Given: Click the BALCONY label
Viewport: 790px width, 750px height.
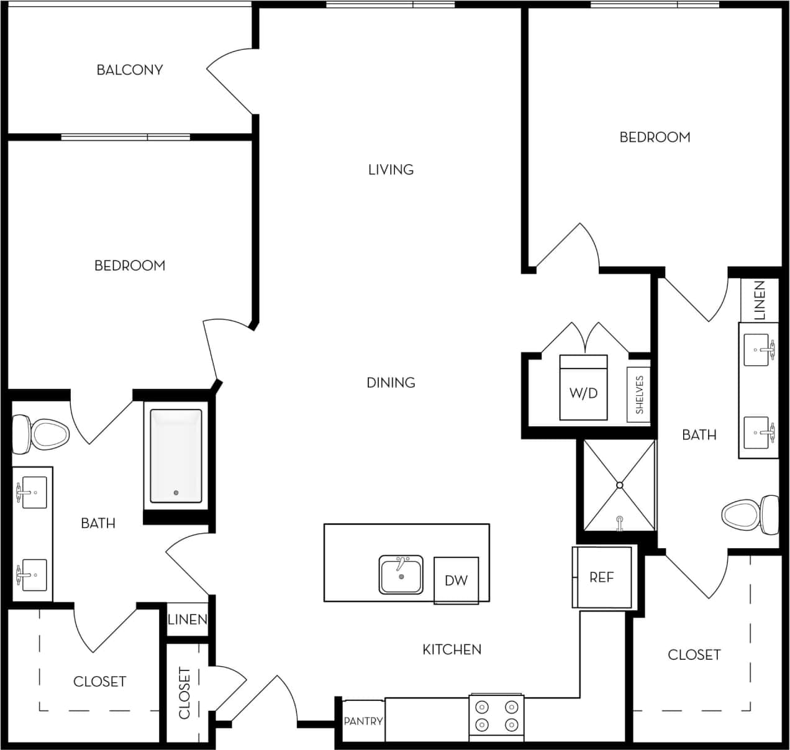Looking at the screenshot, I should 130,70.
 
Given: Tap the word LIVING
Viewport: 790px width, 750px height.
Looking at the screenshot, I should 391,169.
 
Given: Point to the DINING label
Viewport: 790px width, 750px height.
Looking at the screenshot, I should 391,382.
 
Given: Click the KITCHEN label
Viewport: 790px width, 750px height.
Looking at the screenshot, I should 452,649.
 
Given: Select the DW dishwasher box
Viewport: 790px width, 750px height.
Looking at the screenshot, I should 456,580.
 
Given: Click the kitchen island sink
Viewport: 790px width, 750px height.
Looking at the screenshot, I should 401,575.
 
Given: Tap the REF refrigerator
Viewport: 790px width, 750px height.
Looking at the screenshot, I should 601,577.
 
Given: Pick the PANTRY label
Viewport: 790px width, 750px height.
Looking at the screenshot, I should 363,721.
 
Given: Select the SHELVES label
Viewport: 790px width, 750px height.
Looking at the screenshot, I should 639,395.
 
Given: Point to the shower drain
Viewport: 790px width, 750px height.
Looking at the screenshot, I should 619,485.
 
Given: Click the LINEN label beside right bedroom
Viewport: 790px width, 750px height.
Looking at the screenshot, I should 759,300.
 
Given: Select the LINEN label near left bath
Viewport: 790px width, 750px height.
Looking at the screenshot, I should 188,620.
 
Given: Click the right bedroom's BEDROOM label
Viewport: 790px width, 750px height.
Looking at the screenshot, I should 655,137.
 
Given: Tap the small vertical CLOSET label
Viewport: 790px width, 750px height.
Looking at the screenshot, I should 184,693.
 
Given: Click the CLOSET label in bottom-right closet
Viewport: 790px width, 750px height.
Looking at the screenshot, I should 694,654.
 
